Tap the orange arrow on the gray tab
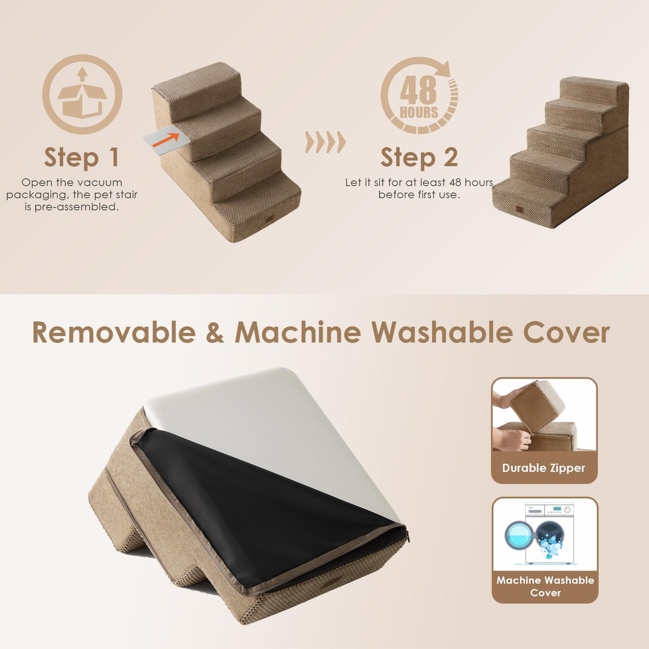(165, 140)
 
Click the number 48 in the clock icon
(418, 90)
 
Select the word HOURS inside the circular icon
(419, 112)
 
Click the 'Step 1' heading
(82, 157)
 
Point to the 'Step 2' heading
(419, 157)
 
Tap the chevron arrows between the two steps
(326, 142)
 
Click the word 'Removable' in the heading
(114, 333)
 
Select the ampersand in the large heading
(215, 333)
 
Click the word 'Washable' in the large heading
(442, 333)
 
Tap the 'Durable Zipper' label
(544, 468)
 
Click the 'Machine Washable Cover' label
(545, 586)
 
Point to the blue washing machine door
(519, 535)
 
